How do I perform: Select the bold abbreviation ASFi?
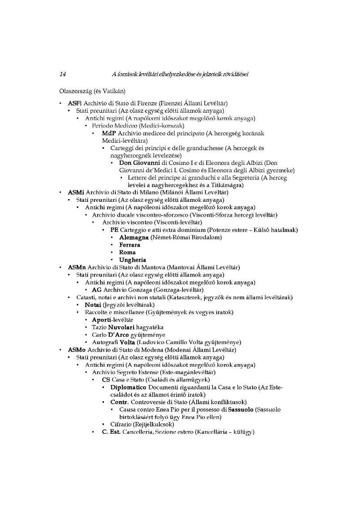pos(74,104)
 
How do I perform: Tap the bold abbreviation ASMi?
pos(76,192)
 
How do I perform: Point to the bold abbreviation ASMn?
pos(77,267)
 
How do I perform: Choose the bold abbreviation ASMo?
pos(77,349)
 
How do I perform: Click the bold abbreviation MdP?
pos(109,133)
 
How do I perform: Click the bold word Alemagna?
pos(134,237)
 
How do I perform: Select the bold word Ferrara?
pos(130,245)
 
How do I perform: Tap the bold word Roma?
pos(127,252)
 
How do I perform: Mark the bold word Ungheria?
pos(132,260)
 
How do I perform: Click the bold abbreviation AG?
pos(97,290)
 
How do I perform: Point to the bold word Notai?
pos(93,305)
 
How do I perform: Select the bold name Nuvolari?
pos(121,327)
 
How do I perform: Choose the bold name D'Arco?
pos(118,335)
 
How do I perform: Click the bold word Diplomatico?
pos(128,387)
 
